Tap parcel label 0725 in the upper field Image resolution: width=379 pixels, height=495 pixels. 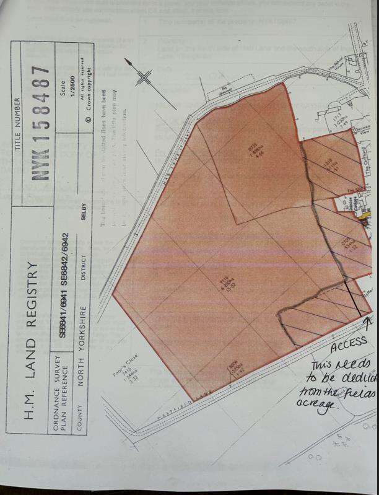(x=253, y=152)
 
